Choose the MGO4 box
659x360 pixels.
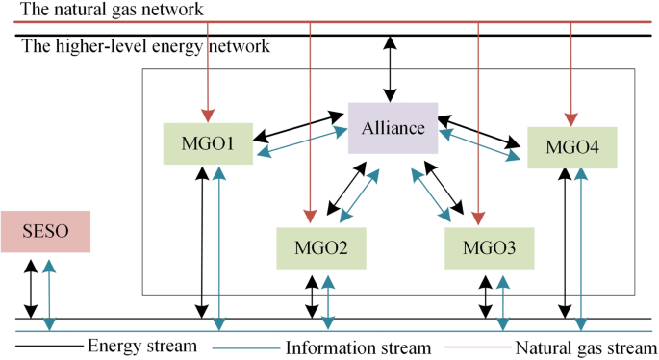(x=571, y=148)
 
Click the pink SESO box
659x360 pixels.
(x=47, y=232)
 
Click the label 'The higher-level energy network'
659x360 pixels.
(x=145, y=46)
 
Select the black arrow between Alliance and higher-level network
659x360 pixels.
(x=390, y=69)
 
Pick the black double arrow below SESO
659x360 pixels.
(x=32, y=288)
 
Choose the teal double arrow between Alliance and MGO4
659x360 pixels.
(x=480, y=142)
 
